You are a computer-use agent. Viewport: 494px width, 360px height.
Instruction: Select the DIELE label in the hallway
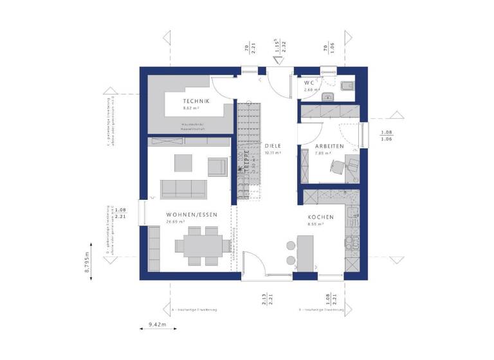pyautogui.click(x=273, y=146)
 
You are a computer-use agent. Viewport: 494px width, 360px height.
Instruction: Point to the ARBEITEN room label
pyautogui.click(x=329, y=146)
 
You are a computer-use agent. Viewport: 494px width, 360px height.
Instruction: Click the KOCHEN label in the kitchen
pyautogui.click(x=320, y=217)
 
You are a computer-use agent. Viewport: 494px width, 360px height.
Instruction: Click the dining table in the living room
pyautogui.click(x=201, y=245)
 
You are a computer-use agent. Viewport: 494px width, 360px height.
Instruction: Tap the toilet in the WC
pyautogui.click(x=346, y=87)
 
